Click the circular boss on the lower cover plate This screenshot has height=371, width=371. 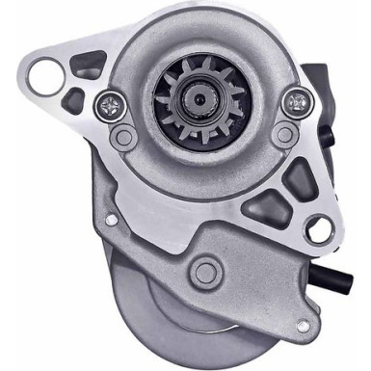[206, 273]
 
